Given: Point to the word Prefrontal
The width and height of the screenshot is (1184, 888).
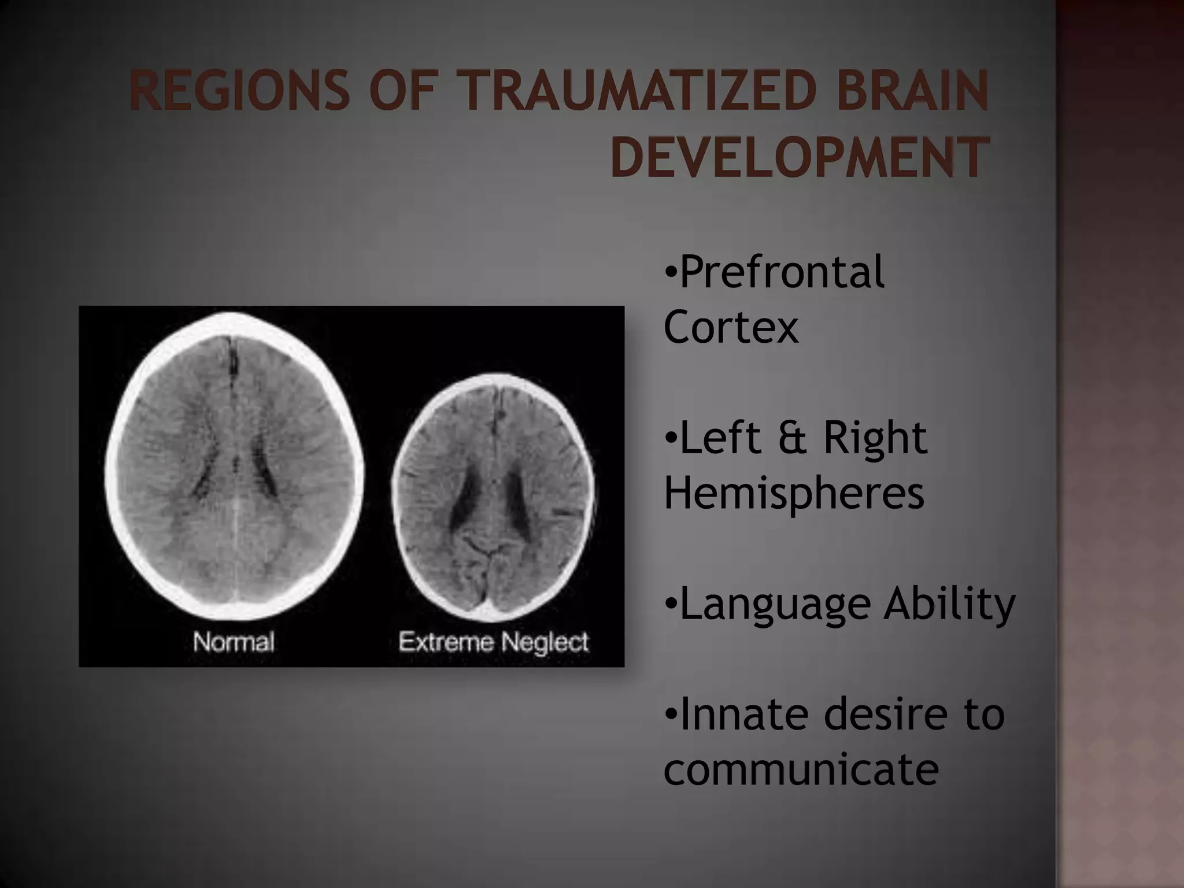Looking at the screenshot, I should tap(782, 272).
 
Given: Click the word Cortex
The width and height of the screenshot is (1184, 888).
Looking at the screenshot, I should tap(731, 327).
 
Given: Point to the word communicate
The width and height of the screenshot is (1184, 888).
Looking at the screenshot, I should tap(801, 770).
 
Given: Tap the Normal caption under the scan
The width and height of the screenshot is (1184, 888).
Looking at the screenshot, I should tap(234, 642).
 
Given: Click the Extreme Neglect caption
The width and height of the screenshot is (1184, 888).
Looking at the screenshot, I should tap(494, 642).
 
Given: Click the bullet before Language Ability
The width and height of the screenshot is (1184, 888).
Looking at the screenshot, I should tap(670, 605).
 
